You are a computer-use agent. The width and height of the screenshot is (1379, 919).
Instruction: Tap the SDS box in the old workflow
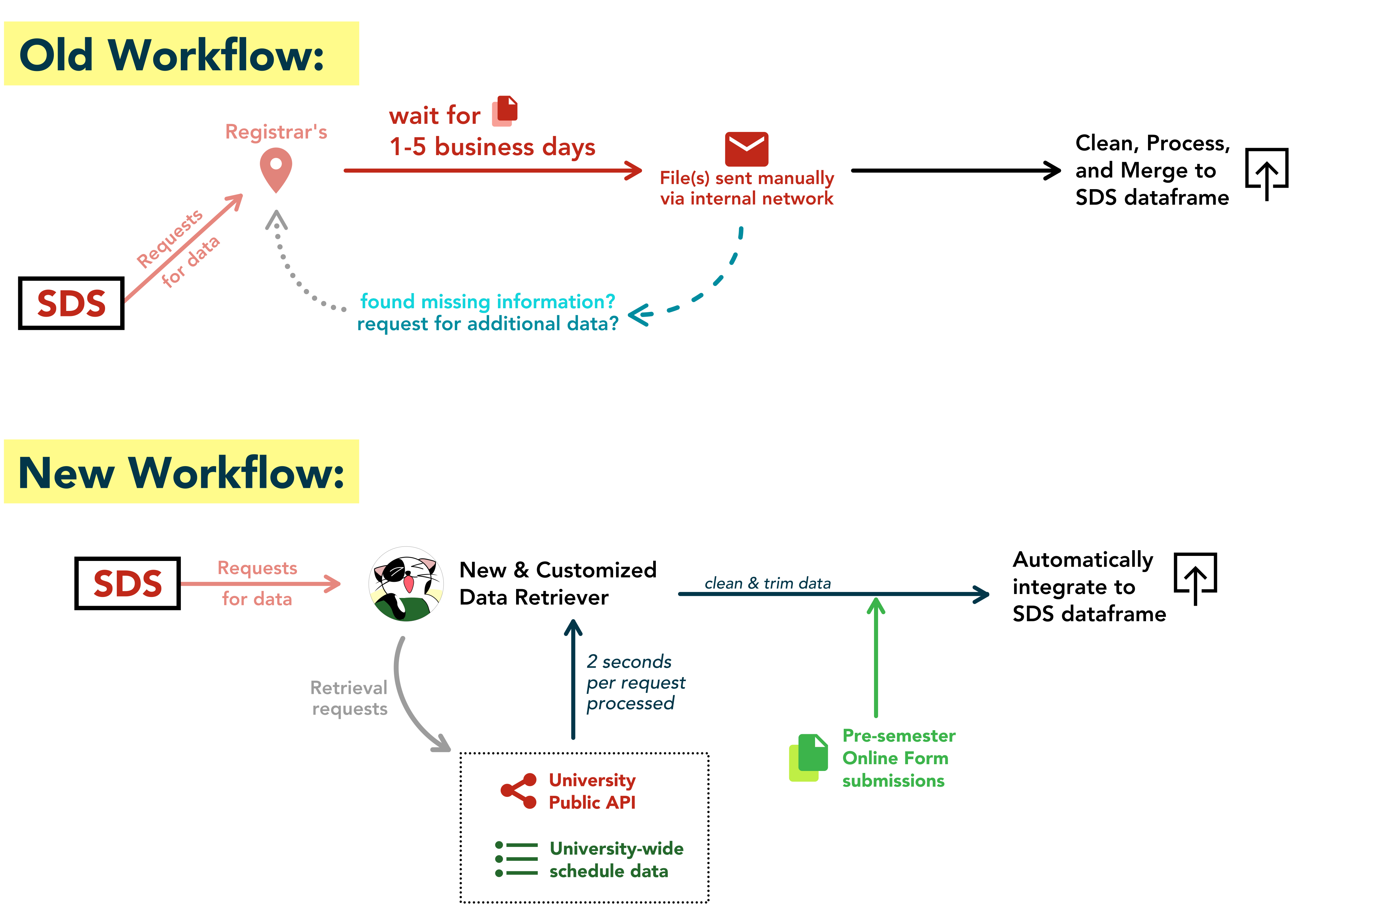(71, 303)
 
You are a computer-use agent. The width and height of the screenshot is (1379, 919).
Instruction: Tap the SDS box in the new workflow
(127, 583)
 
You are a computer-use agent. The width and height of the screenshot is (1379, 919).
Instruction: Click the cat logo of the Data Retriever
(406, 584)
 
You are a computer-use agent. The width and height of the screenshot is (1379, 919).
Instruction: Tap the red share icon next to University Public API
(518, 791)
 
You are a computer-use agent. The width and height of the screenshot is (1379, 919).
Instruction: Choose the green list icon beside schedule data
(516, 859)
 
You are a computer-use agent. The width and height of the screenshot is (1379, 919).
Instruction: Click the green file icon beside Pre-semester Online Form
(809, 757)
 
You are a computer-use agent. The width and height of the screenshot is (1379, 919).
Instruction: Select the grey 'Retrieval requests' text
(349, 698)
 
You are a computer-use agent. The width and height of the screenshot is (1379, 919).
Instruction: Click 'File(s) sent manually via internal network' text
(746, 188)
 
